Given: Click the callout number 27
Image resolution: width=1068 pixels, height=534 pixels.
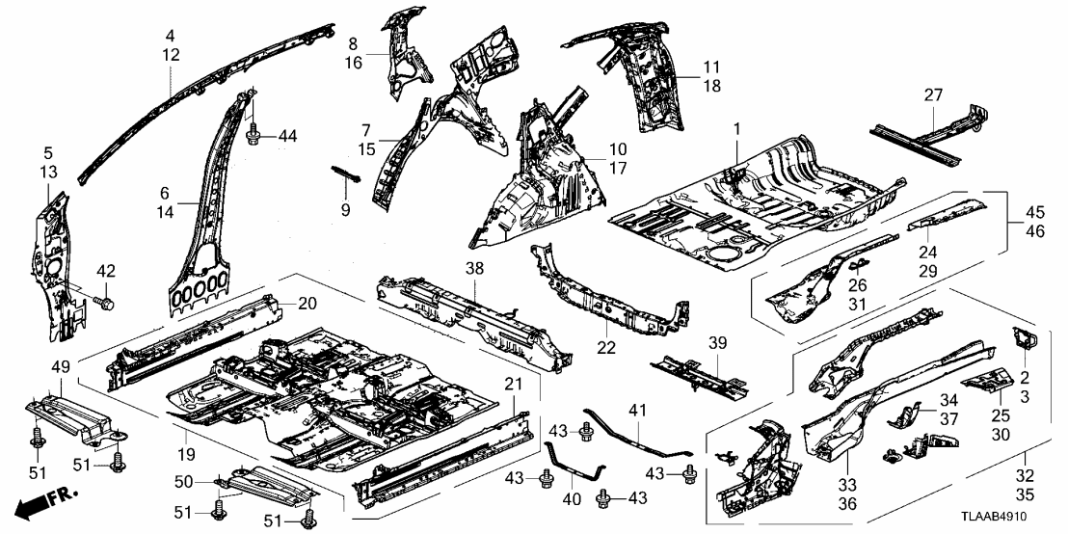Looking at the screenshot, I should [x=932, y=94].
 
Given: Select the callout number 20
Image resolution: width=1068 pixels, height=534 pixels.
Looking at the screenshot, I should [x=307, y=304].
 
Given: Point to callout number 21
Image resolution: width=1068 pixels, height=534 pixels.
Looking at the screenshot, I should [x=513, y=385].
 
